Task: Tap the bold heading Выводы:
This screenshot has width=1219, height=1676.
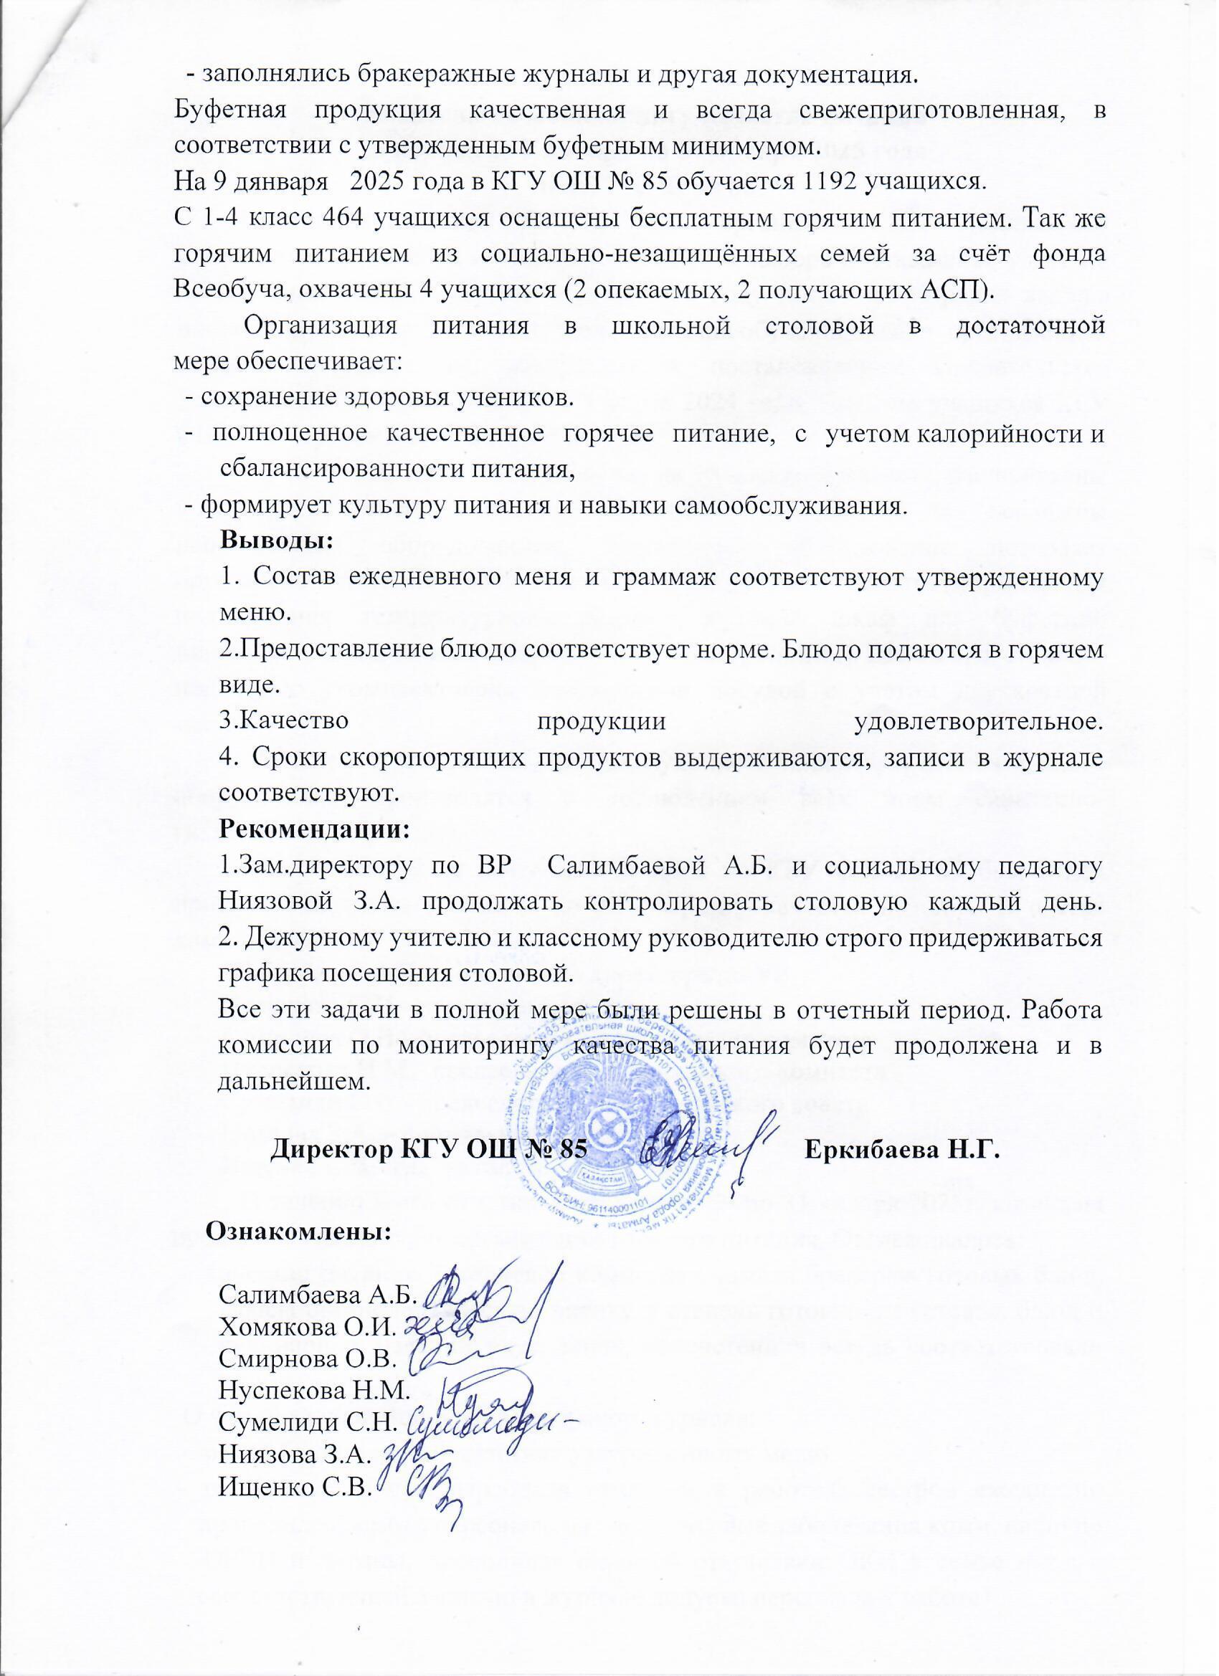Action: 278,540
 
